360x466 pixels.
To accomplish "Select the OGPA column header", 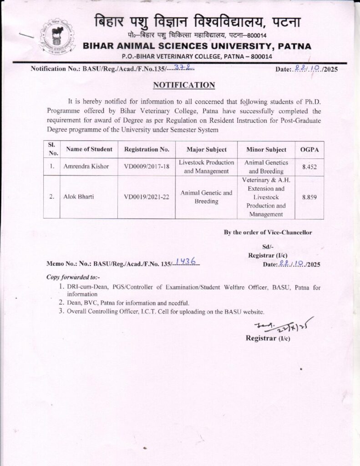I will coord(309,149).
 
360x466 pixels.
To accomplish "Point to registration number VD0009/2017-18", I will coord(147,167).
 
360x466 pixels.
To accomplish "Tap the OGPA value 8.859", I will coord(309,197).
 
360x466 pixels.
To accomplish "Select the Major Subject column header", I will coord(207,149).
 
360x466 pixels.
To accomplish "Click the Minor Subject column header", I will coord(266,149).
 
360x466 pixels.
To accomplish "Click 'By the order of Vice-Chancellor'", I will coord(268,232).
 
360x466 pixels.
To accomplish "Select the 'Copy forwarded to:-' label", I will coord(73,277).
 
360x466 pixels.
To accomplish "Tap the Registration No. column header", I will coord(147,149).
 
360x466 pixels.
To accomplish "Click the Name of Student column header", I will coord(89,149).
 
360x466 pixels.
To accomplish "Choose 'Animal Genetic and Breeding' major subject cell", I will coord(207,197).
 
